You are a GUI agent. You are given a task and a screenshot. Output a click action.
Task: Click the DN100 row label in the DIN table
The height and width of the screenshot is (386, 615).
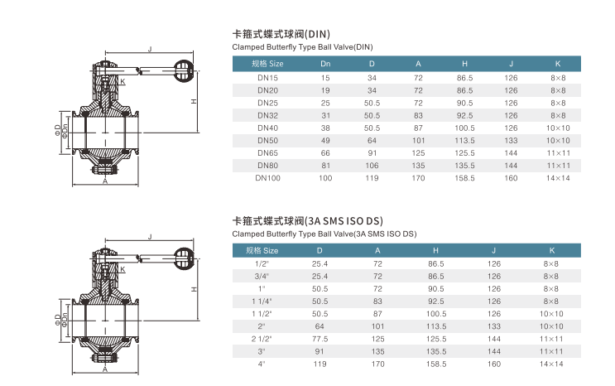(268, 178)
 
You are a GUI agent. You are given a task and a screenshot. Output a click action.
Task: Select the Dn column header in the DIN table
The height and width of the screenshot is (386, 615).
(325, 64)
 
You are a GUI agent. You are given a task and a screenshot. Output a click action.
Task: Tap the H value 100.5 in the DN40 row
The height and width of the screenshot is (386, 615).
(465, 128)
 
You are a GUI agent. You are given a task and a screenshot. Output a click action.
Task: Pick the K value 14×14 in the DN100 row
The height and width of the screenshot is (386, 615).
(558, 178)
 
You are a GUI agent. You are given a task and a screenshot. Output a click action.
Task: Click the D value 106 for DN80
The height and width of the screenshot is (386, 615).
(372, 166)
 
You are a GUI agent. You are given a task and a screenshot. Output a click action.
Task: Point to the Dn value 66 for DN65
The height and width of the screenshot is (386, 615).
(325, 153)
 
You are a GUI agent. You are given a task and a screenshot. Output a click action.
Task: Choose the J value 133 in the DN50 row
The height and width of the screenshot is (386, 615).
(511, 141)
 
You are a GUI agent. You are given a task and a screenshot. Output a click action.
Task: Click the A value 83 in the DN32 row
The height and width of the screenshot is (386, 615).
(419, 115)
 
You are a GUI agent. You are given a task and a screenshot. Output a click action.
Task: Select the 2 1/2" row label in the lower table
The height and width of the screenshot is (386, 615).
(262, 339)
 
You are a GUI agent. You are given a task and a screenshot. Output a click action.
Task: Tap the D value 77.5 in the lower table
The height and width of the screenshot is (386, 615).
(320, 339)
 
